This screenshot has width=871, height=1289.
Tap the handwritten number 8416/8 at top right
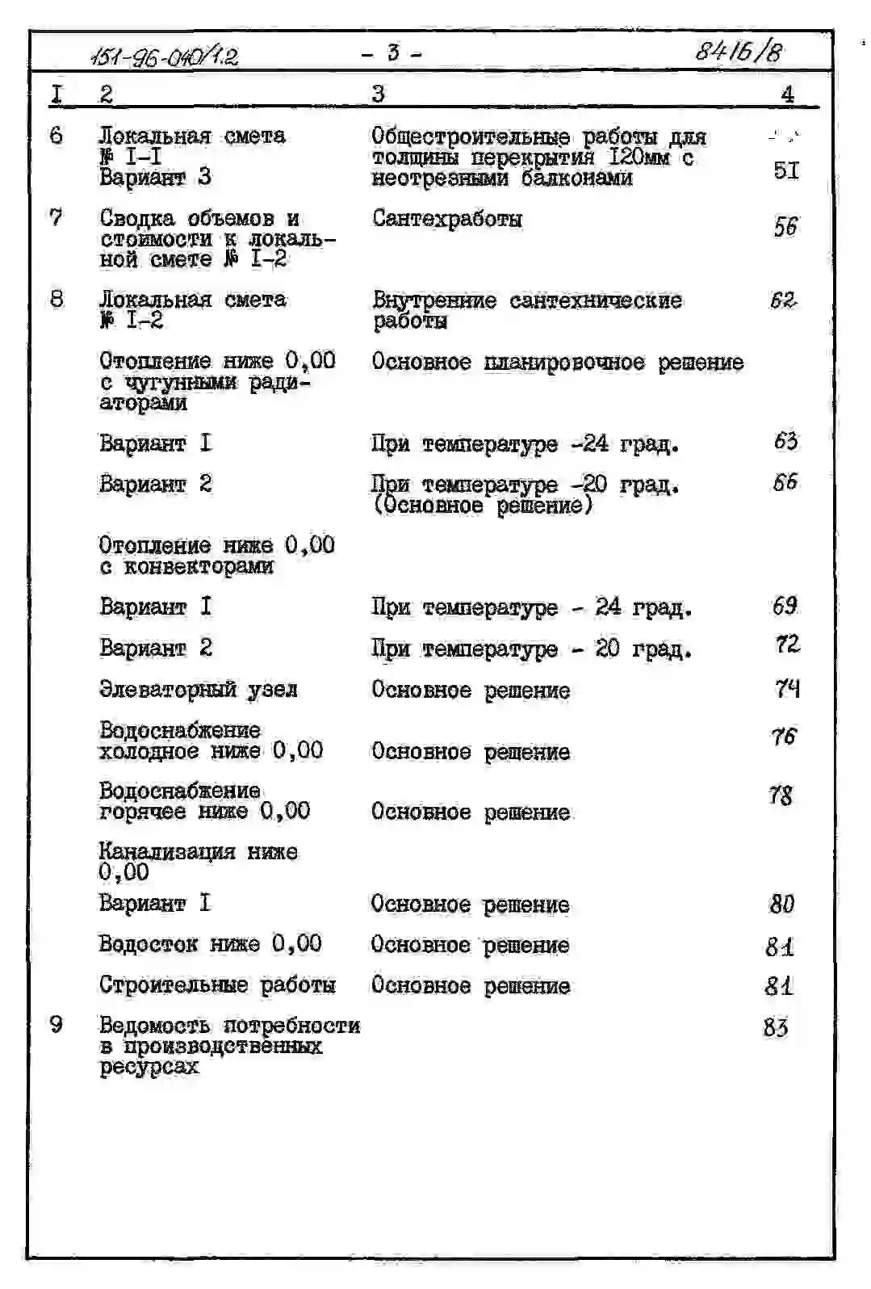pyautogui.click(x=739, y=52)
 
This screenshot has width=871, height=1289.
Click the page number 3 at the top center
pyautogui.click(x=392, y=53)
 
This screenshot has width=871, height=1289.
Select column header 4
pyautogui.click(x=787, y=94)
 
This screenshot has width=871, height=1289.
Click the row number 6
pyautogui.click(x=56, y=134)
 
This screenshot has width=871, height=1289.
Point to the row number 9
pyautogui.click(x=56, y=1024)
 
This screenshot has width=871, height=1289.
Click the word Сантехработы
pyautogui.click(x=447, y=219)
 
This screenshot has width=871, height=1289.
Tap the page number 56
pyautogui.click(x=785, y=227)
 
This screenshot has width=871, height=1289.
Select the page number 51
pyautogui.click(x=785, y=170)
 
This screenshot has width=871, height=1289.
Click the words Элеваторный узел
pyautogui.click(x=199, y=690)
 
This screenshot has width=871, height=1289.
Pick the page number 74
pyautogui.click(x=787, y=689)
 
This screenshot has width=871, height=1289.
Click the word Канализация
pyautogui.click(x=167, y=851)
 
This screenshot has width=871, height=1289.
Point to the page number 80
pyautogui.click(x=781, y=904)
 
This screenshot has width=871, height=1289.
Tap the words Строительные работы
pyautogui.click(x=217, y=985)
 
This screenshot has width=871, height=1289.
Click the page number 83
pyautogui.click(x=775, y=1027)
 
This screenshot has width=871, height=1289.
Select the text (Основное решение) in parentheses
pyautogui.click(x=483, y=506)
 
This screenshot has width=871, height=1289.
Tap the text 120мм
pyautogui.click(x=639, y=157)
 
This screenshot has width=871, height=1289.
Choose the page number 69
pyautogui.click(x=785, y=606)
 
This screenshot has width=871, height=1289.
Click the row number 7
pyautogui.click(x=56, y=217)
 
